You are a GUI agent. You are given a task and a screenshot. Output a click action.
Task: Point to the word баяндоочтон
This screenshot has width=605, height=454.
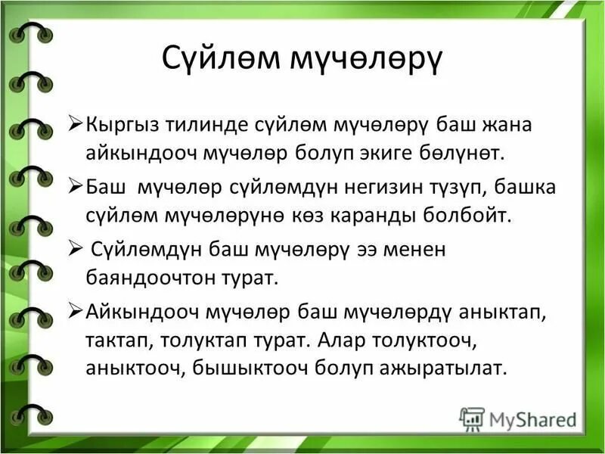(141, 277)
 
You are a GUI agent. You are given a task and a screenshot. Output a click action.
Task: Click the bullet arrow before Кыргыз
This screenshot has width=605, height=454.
(76, 124)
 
